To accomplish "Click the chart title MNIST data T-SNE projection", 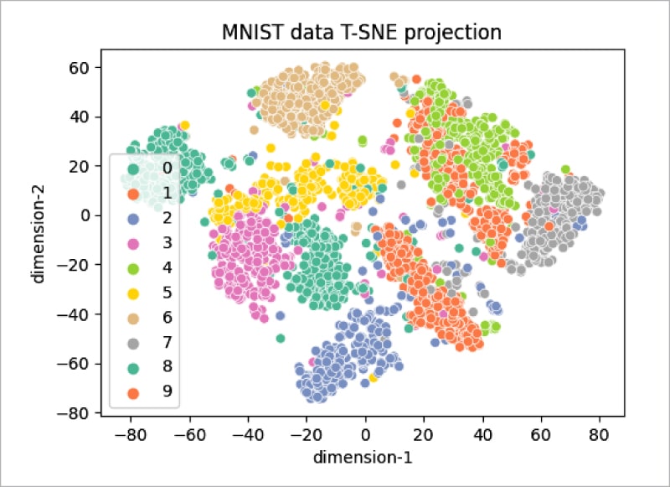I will click(361, 34).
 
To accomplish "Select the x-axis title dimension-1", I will click(361, 458).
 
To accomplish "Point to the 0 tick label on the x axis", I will click(365, 434).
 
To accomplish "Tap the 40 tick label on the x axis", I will click(482, 434).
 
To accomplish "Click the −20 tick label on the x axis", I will click(304, 434).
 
